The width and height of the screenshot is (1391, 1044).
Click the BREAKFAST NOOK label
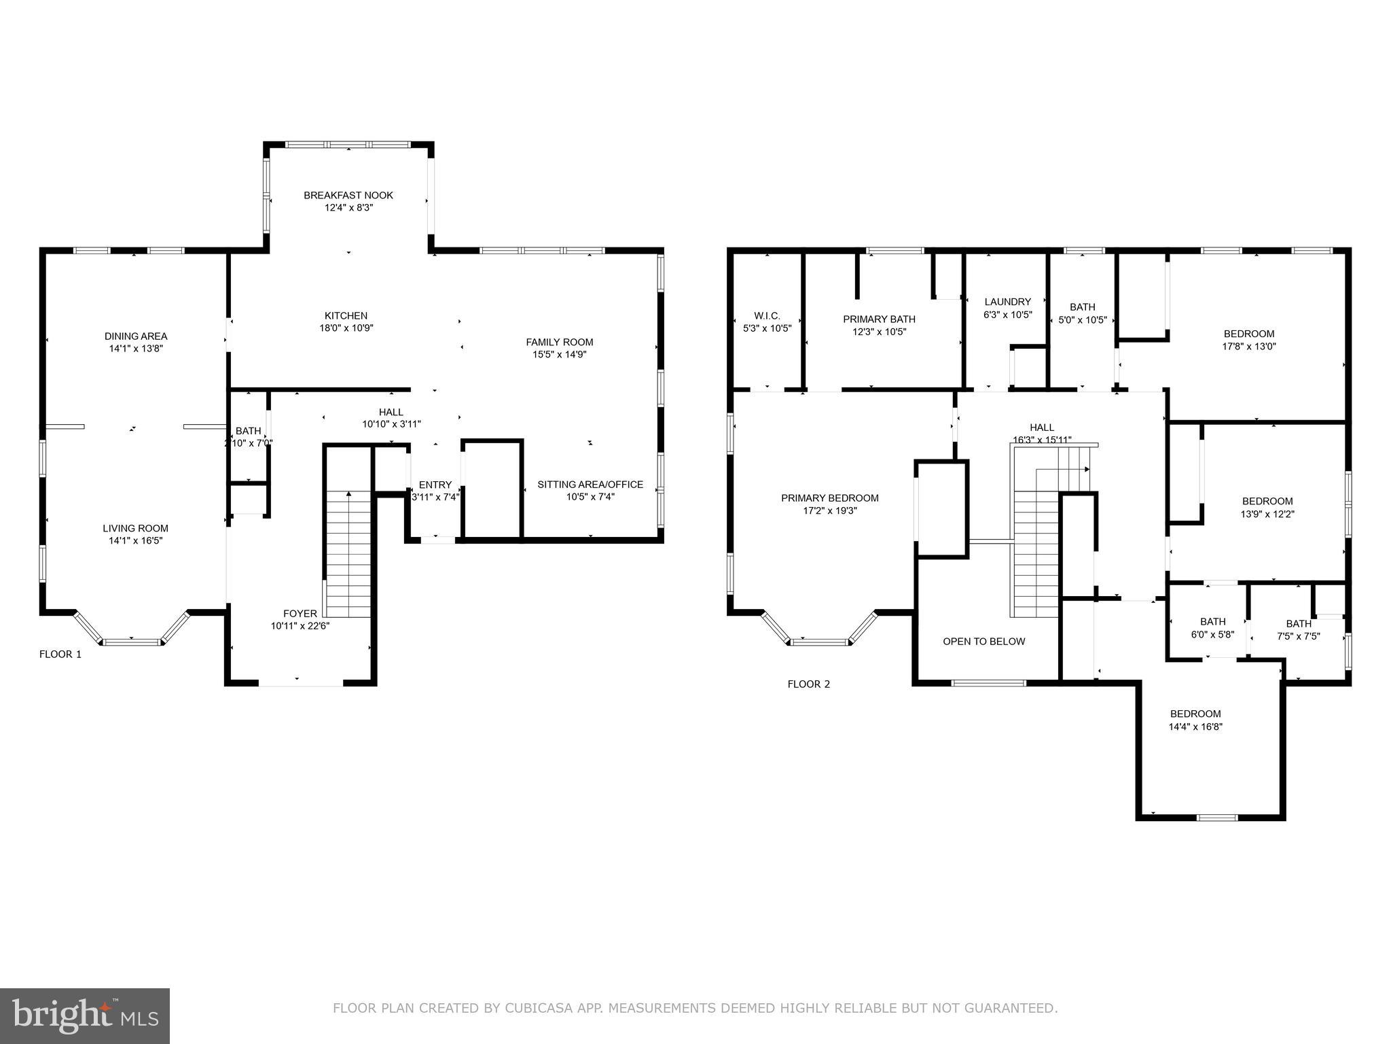(348, 195)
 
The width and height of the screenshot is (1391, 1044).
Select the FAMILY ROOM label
(559, 342)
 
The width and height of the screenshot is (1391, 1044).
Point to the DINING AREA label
(136, 336)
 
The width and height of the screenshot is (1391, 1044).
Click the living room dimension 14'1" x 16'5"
(136, 540)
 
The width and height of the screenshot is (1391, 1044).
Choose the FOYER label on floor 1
(300, 613)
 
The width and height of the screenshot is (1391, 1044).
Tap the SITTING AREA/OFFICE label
(590, 484)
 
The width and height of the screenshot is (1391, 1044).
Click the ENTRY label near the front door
(435, 484)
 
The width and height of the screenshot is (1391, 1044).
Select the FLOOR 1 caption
(60, 654)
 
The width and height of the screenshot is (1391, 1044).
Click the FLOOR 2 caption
(808, 684)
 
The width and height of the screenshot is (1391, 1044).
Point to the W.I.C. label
(767, 315)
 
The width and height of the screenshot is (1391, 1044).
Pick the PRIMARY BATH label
(879, 319)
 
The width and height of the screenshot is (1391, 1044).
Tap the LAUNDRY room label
(1007, 301)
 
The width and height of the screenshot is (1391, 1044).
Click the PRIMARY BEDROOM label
(829, 498)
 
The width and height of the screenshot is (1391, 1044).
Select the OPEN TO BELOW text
(983, 641)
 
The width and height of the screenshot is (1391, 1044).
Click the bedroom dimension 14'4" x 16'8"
(1195, 726)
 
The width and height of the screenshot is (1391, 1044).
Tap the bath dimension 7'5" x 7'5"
(1298, 636)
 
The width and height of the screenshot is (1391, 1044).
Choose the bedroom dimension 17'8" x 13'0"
(1248, 346)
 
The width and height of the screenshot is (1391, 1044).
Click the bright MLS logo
(84, 1015)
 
